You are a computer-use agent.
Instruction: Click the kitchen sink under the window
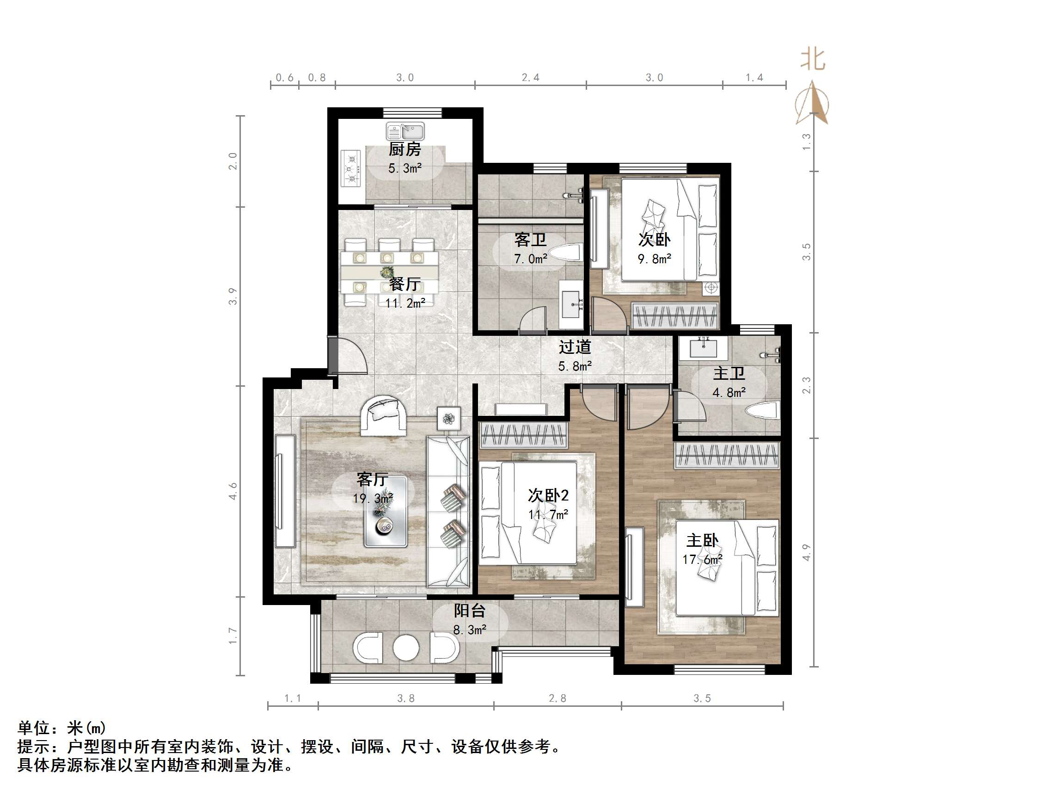click(405, 131)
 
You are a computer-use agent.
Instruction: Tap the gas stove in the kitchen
click(352, 168)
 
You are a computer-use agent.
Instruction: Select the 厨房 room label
click(404, 149)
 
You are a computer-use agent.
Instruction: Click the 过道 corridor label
click(575, 346)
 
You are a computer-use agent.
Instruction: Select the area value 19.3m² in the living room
click(373, 499)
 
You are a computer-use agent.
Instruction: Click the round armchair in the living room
click(384, 415)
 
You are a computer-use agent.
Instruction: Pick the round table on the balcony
click(406, 648)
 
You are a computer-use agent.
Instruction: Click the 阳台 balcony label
click(469, 610)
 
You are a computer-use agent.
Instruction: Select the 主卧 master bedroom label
click(702, 540)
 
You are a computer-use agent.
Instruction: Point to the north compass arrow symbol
click(812, 103)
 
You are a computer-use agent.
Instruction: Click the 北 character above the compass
click(812, 60)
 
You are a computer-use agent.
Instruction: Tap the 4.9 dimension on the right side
click(806, 552)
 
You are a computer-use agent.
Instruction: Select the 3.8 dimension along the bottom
click(406, 698)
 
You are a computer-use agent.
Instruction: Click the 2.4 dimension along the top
click(530, 77)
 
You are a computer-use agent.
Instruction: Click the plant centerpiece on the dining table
click(386, 273)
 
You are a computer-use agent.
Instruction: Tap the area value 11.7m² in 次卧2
click(548, 515)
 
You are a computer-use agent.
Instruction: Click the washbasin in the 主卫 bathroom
click(703, 348)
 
